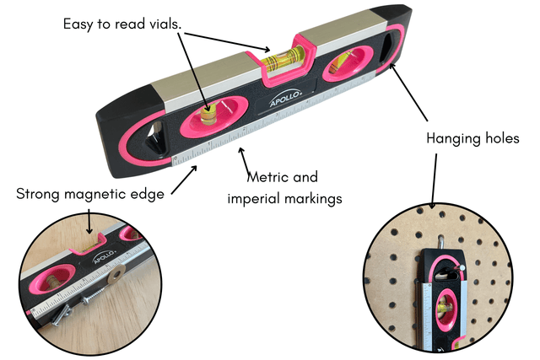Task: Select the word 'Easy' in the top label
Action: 80,23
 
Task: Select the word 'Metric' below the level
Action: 269,178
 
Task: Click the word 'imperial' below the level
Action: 255,199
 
